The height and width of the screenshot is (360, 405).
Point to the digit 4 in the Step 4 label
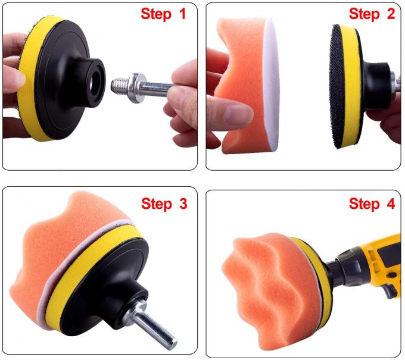[x=390, y=204]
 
